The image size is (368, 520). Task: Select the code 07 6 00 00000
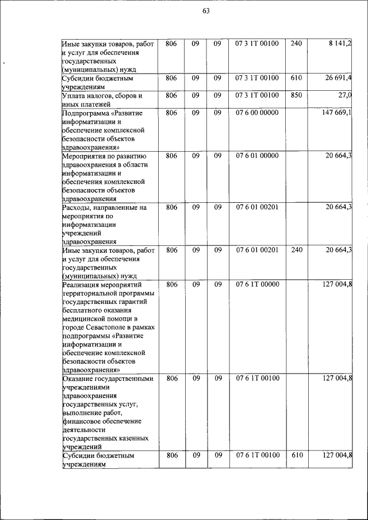pos(257,113)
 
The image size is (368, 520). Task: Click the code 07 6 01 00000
pos(257,156)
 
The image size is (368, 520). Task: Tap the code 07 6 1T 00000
pos(257,284)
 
